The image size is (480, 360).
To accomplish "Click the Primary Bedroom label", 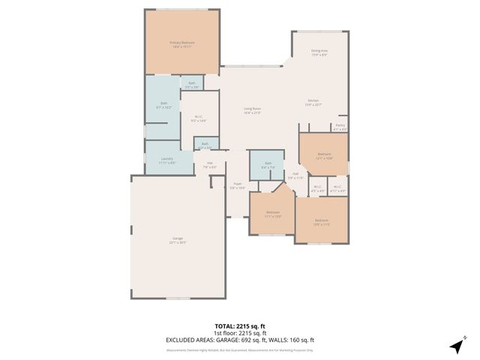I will pos(182,45).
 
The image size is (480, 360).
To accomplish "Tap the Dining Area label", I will pos(320,52).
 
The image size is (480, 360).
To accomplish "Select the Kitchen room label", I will pos(313,103).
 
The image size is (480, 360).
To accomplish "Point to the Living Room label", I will pos(252,111).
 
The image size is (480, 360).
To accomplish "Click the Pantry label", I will pos(340,127).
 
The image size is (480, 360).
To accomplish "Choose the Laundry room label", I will pos(166,160).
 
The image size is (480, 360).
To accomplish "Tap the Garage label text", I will pos(177,240).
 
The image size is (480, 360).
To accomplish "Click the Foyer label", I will pos(237,185).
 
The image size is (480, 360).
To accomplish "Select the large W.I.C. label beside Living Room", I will pos(199,118).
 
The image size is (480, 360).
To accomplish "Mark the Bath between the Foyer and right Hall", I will pos(268,165).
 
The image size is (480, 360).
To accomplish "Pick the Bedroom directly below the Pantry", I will pos(324,155).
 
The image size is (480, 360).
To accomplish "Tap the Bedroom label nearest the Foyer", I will pos(272,214).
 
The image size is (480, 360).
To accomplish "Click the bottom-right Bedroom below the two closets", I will pos(322,221).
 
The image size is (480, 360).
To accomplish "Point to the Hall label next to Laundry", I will pos(210,166).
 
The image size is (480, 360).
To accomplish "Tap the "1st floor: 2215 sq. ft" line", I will pos(239,333).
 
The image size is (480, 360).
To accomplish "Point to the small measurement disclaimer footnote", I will pos(239,349).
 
